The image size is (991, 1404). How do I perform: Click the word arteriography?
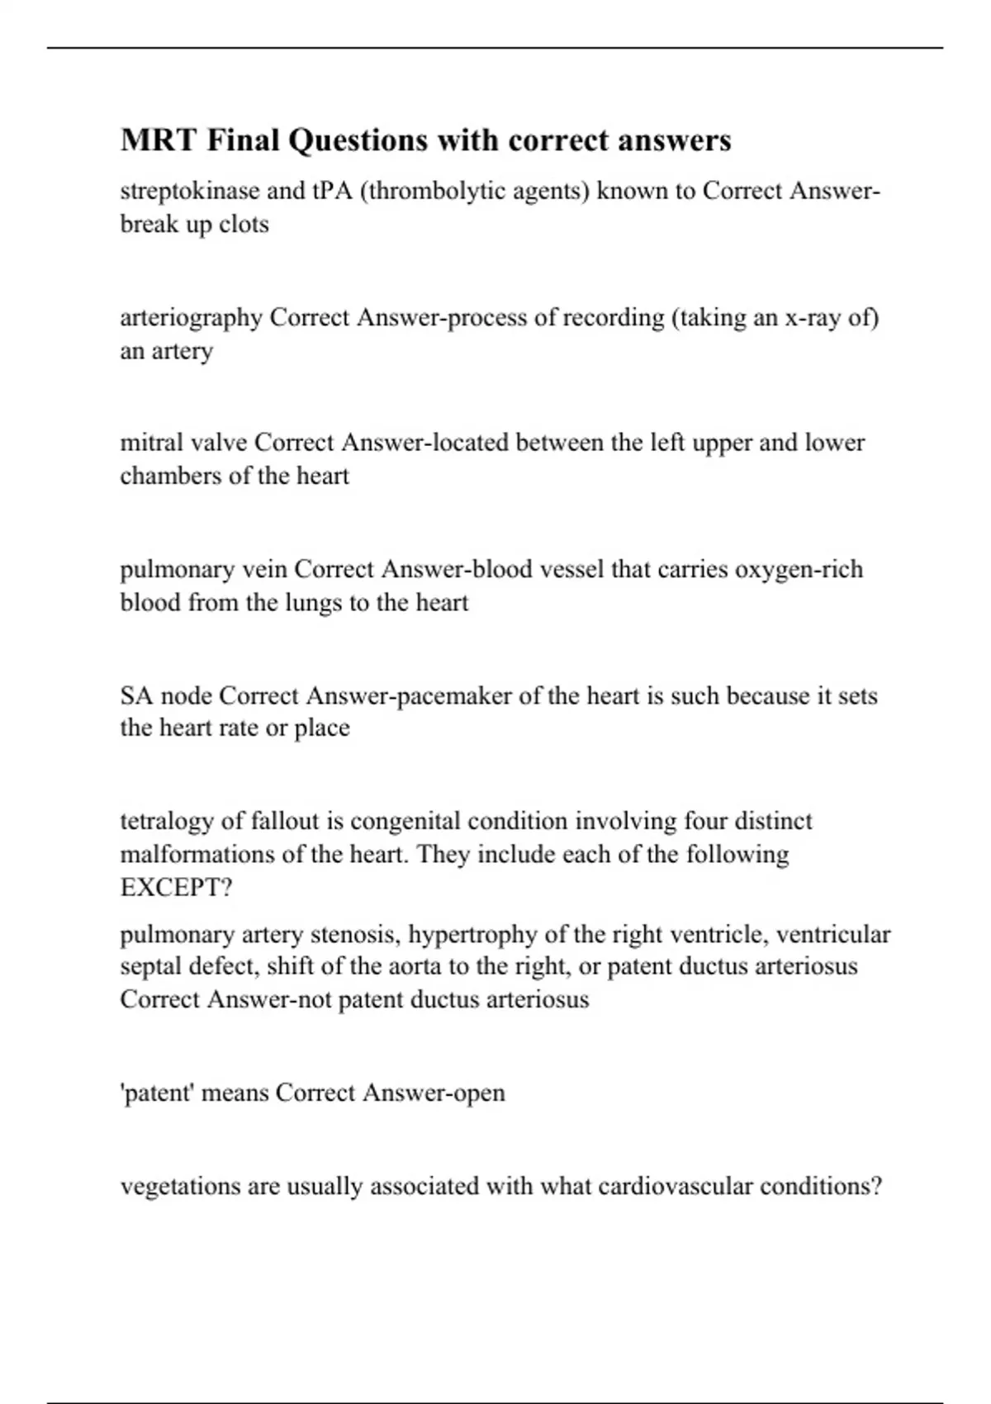(191, 318)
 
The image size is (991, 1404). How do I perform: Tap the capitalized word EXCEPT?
(176, 888)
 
